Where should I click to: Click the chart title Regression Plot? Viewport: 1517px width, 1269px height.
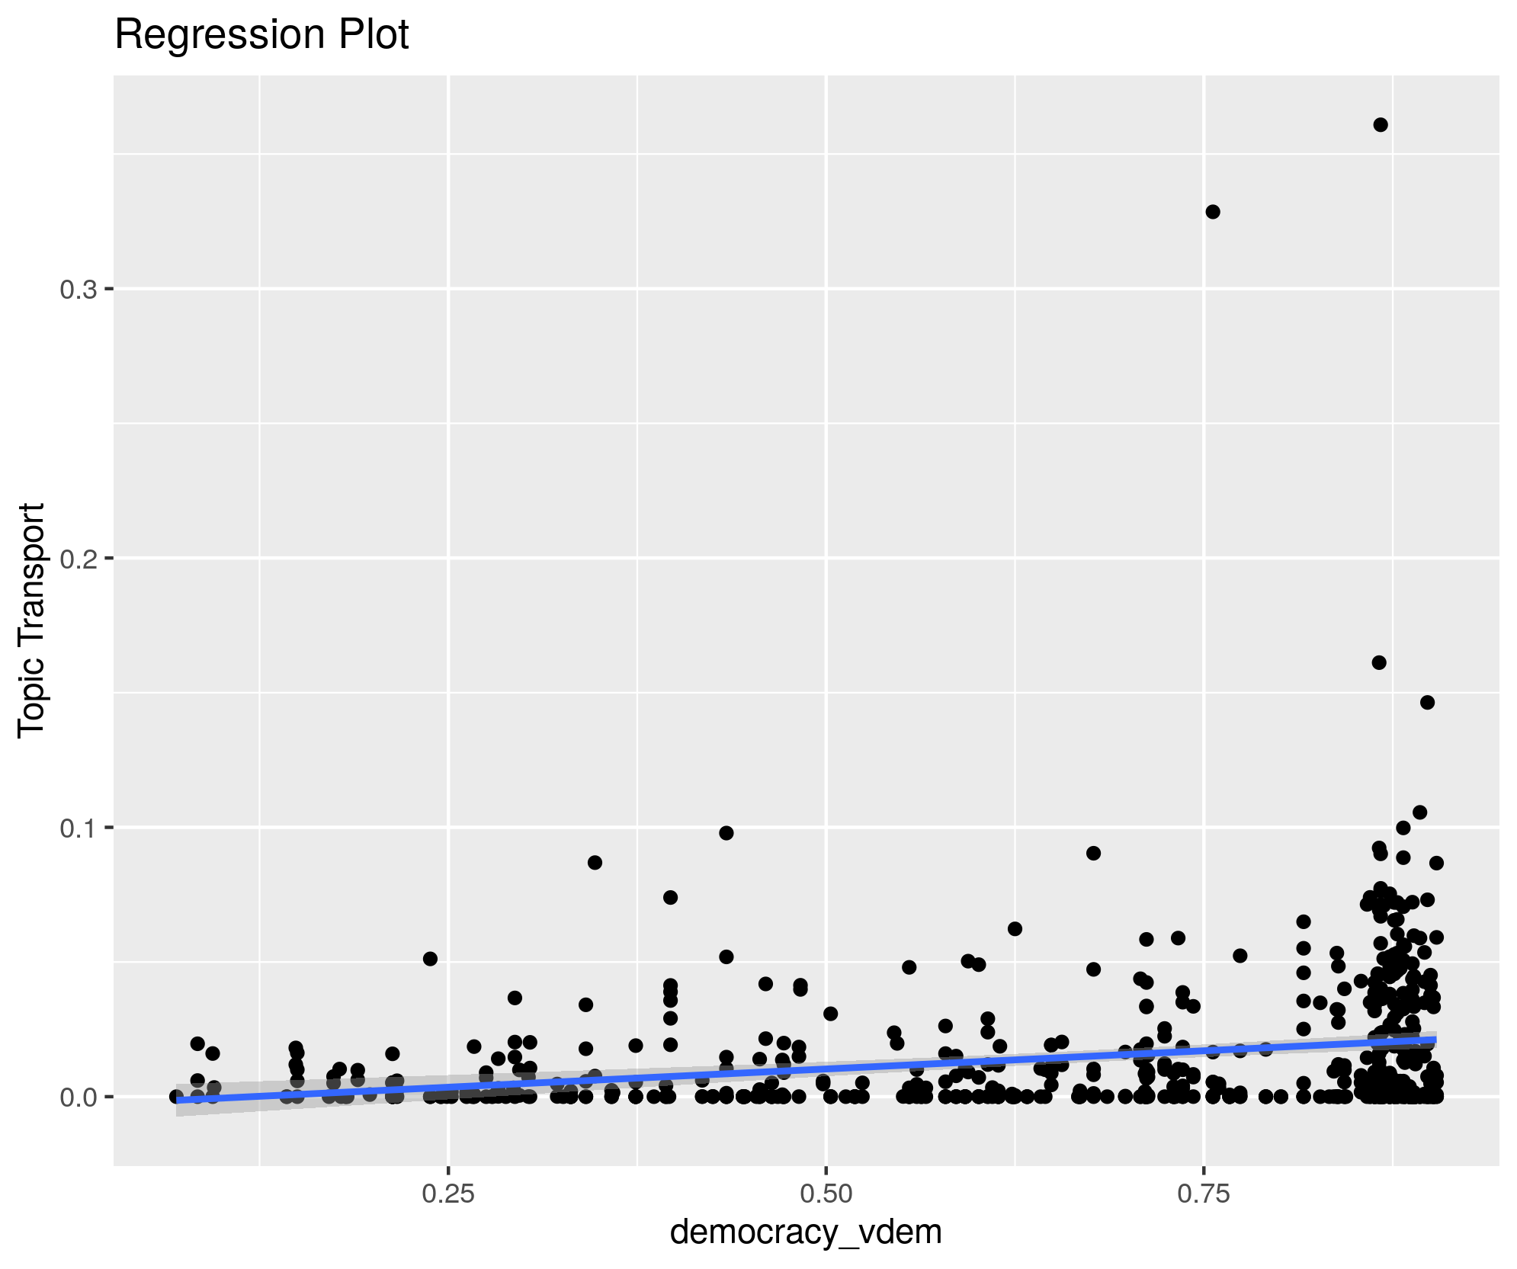pyautogui.click(x=261, y=35)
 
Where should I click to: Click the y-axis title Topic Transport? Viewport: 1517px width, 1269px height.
pyautogui.click(x=32, y=620)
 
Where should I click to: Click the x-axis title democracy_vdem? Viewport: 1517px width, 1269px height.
pyautogui.click(x=806, y=1232)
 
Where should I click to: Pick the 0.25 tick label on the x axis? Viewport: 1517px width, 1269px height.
pyautogui.click(x=448, y=1194)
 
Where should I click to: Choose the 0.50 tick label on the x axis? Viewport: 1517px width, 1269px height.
pyautogui.click(x=826, y=1194)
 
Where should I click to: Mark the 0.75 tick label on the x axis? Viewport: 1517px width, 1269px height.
pyautogui.click(x=1204, y=1194)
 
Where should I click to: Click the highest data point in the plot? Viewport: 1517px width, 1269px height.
pyautogui.click(x=1381, y=125)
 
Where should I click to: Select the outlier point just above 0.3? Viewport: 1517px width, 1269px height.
pyautogui.click(x=1213, y=212)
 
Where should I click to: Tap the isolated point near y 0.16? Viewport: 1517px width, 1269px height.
pyautogui.click(x=1379, y=662)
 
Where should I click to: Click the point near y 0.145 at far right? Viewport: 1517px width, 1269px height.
pyautogui.click(x=1428, y=702)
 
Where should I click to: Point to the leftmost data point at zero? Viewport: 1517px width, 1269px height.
pyautogui.click(x=176, y=1097)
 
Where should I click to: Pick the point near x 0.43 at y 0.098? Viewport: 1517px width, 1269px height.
pyautogui.click(x=726, y=833)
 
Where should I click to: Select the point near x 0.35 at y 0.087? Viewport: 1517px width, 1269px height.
pyautogui.click(x=595, y=863)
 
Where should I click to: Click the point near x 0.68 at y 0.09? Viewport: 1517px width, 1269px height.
pyautogui.click(x=1094, y=853)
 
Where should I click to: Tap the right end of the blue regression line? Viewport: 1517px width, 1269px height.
pyautogui.click(x=1435, y=1040)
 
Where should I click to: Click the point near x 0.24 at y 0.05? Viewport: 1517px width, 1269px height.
pyautogui.click(x=430, y=959)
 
